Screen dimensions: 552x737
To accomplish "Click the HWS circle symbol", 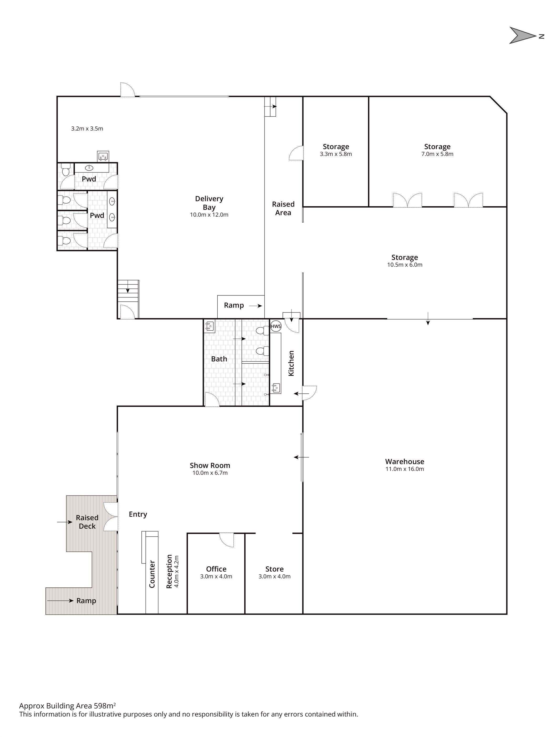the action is (x=276, y=326).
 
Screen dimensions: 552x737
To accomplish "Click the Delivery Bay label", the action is (x=209, y=203).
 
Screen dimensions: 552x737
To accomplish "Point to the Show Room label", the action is (x=210, y=465).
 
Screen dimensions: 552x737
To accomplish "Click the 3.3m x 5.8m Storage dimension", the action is (x=336, y=154).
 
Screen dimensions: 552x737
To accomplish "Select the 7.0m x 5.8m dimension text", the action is (x=437, y=154).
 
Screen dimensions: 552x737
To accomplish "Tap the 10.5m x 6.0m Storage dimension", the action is (x=405, y=265).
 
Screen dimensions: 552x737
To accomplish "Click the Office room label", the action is (x=216, y=569).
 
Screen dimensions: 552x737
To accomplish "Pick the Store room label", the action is (x=274, y=569).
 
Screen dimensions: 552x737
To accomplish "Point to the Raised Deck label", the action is (x=87, y=522).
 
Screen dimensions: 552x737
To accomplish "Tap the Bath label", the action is (x=219, y=359).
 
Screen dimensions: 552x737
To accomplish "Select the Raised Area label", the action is (x=283, y=208).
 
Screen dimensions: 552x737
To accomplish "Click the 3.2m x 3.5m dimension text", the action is (x=87, y=129).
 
